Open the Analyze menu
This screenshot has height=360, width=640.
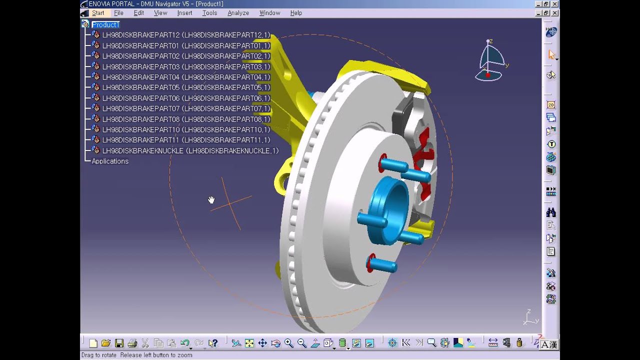tap(238, 13)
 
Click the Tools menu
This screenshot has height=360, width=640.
tap(209, 13)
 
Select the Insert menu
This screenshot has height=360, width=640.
tap(184, 13)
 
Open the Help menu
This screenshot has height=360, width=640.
tap(296, 13)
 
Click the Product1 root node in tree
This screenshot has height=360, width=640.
tap(105, 24)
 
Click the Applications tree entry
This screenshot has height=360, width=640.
tap(110, 161)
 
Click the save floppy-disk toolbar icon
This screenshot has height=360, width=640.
tap(119, 343)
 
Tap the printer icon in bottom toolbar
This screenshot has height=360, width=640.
tap(132, 343)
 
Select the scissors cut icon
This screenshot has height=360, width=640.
tap(145, 343)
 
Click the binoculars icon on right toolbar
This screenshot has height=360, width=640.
tap(551, 212)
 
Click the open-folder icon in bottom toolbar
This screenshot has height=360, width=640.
tap(106, 343)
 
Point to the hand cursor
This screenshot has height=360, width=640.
tap(211, 200)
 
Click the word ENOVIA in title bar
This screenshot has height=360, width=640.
tap(100, 3)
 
